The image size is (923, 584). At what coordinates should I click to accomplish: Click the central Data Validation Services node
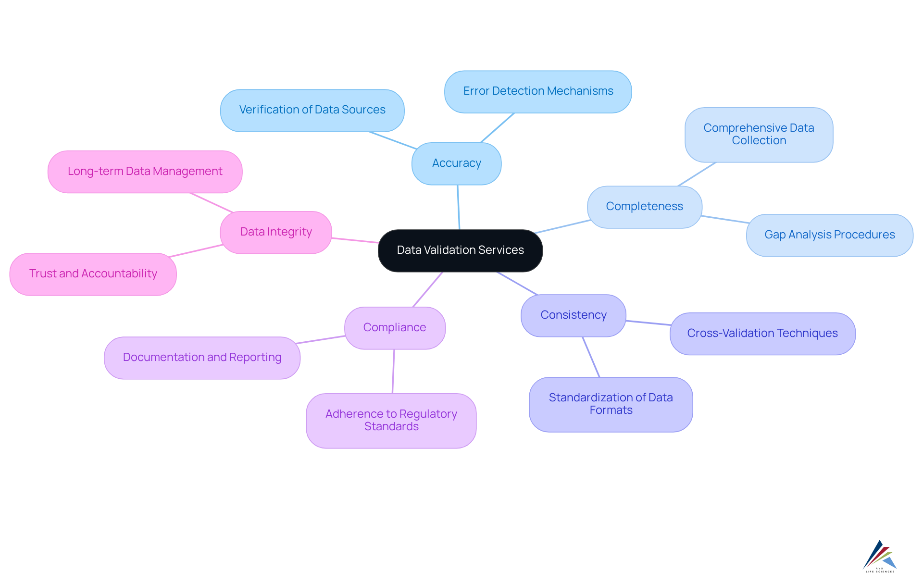tap(460, 250)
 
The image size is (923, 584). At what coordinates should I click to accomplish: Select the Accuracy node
tap(456, 163)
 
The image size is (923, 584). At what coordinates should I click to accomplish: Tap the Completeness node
tap(644, 207)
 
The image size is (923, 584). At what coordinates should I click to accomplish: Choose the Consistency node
tap(573, 315)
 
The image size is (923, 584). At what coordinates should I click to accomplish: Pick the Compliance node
tap(395, 328)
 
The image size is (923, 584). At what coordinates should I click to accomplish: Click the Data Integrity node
tap(276, 232)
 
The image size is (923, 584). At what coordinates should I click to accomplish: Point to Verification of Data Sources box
tap(312, 110)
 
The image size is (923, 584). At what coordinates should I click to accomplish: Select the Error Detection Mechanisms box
tap(538, 91)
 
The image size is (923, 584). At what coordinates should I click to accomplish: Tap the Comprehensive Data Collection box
tap(759, 135)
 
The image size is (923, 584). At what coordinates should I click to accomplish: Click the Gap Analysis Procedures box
tap(829, 235)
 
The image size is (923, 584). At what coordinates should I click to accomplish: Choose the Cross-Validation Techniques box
tap(762, 334)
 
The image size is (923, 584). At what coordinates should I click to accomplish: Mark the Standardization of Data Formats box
tap(611, 404)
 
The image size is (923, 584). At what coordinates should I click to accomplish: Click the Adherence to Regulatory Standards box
tap(391, 421)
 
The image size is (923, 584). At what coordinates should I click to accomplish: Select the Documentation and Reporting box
tap(202, 358)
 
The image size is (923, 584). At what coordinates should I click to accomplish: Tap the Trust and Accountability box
tap(93, 274)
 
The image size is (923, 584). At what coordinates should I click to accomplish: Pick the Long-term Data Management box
tap(145, 172)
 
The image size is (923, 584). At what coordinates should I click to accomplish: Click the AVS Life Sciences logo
tap(880, 557)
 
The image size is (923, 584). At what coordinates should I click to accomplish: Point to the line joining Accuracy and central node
tap(459, 207)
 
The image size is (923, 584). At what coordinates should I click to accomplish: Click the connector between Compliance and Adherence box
tap(393, 371)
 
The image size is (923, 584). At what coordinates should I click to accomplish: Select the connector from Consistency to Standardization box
tap(591, 357)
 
